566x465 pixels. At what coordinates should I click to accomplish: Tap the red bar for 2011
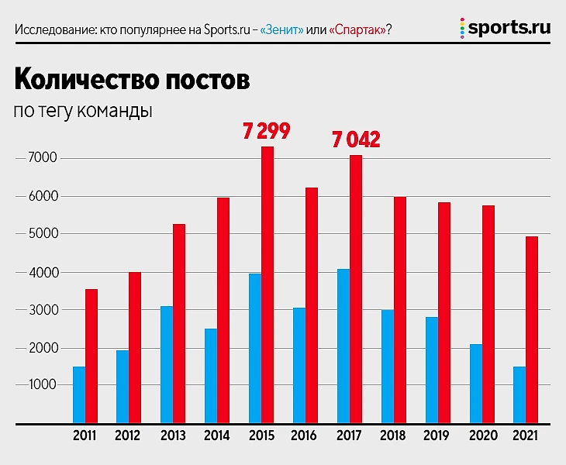91,356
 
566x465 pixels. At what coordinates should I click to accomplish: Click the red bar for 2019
443,313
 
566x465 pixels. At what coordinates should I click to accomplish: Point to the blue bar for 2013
167,365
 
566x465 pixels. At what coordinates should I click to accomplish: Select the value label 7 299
266,131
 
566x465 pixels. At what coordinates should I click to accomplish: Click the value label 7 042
356,139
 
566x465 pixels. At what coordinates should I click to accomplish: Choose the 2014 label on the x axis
217,436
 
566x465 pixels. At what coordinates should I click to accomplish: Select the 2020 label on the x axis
482,436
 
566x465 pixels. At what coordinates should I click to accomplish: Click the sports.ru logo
505,29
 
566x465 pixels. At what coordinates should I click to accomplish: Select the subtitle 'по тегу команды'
82,111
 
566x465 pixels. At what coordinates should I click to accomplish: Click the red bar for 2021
531,330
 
